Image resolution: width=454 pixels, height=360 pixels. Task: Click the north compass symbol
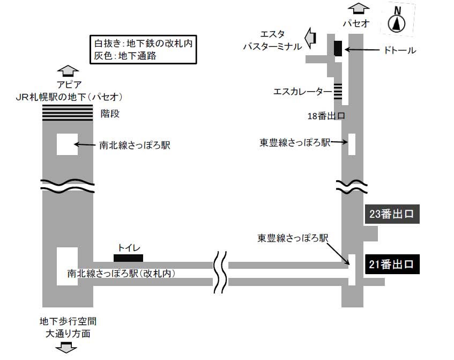point(397,21)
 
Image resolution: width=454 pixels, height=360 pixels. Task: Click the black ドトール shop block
point(338,48)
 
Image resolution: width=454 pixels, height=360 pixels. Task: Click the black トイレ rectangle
point(129,258)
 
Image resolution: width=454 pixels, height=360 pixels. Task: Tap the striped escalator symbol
point(338,91)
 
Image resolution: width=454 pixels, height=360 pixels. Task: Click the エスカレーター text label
point(302,92)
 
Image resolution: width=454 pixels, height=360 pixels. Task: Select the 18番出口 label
point(325,116)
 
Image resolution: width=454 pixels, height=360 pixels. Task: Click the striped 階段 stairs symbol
point(68,113)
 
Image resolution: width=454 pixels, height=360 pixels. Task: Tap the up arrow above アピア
point(68,71)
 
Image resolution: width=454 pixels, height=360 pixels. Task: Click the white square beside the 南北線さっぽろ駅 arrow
point(67,145)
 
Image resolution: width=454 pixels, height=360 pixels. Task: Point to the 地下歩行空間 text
point(68,322)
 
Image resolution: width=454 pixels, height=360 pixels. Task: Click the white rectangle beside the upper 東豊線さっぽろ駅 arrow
point(352,144)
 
